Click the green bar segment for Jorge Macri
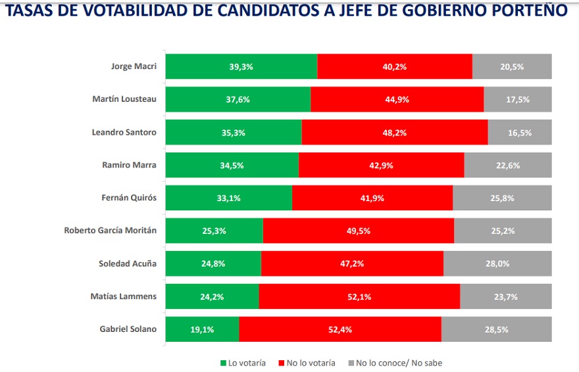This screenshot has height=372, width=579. click(241, 66)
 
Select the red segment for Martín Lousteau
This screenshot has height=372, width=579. click(397, 99)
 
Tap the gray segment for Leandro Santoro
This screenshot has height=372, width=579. click(520, 132)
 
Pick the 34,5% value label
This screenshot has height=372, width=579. click(232, 165)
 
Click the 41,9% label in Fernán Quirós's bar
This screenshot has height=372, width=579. click(372, 198)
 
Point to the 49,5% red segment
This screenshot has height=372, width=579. click(358, 231)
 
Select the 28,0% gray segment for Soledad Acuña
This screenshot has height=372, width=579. click(497, 264)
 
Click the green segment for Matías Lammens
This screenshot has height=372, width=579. click(212, 296)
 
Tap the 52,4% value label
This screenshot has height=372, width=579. click(340, 329)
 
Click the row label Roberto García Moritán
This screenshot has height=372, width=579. click(110, 231)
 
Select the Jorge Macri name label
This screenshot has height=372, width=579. click(134, 66)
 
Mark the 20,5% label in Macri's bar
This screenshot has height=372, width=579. click(512, 66)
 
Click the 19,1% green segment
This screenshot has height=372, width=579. click(202, 329)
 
